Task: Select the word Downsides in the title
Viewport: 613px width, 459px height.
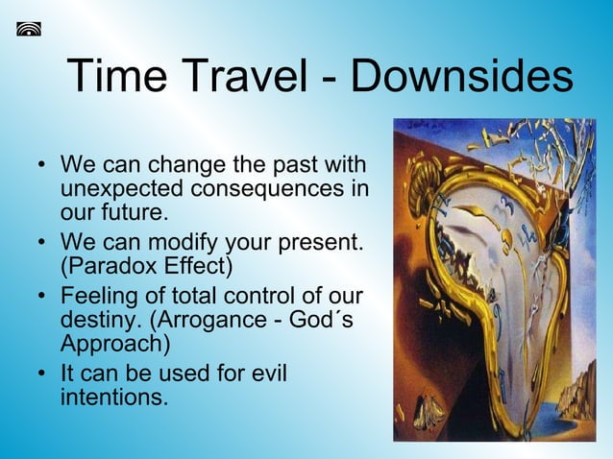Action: (x=462, y=77)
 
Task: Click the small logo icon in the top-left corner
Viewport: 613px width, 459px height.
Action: (x=29, y=28)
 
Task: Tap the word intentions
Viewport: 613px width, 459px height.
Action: (x=114, y=395)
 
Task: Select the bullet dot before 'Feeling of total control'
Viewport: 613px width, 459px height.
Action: (x=41, y=298)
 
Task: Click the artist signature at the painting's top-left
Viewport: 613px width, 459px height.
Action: (x=421, y=127)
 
